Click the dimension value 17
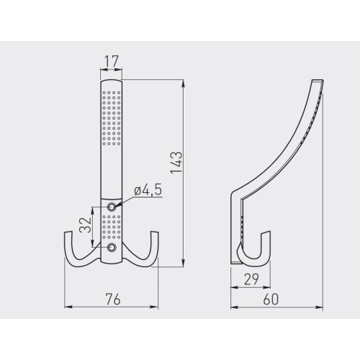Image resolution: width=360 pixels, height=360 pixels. click(x=112, y=61)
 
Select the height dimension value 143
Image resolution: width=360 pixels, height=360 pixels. click(x=176, y=162)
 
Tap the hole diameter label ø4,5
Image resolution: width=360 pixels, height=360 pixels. click(x=148, y=190)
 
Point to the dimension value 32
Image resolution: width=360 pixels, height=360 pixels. click(x=86, y=225)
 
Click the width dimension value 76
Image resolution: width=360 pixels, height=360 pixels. click(x=113, y=300)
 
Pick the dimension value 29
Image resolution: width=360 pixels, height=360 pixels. click(x=251, y=279)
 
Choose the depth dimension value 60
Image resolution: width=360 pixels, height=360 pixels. click(x=271, y=300)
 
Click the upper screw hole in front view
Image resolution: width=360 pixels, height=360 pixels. click(x=112, y=207)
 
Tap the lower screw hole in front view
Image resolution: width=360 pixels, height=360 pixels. click(x=112, y=247)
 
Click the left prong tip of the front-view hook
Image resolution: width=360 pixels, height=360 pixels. click(x=68, y=232)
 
